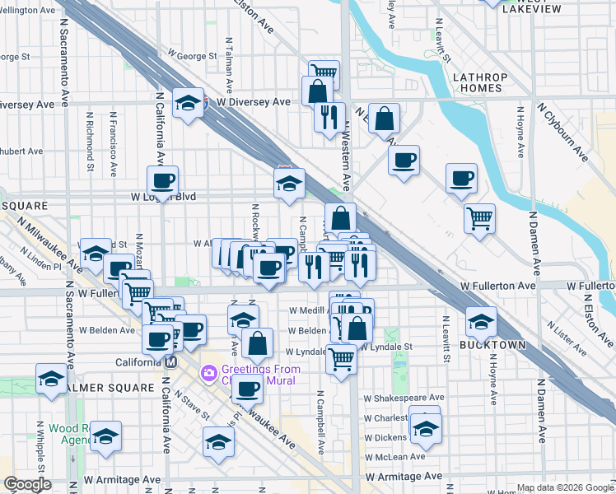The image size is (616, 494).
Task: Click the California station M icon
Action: (171, 362)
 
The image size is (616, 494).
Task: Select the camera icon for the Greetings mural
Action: (209, 373)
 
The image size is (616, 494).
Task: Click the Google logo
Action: (27, 484)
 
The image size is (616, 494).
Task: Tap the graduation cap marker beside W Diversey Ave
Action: (189, 103)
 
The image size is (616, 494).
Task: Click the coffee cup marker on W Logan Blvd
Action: (162, 181)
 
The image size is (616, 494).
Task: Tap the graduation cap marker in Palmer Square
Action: (51, 379)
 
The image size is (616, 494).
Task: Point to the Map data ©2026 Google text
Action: (566, 488)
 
